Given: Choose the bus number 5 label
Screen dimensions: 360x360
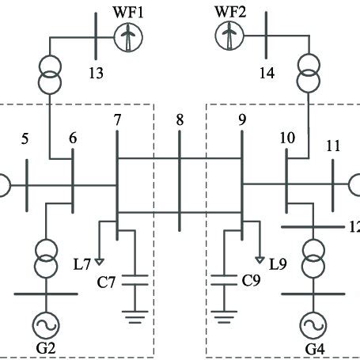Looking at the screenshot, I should coord(25,140).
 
